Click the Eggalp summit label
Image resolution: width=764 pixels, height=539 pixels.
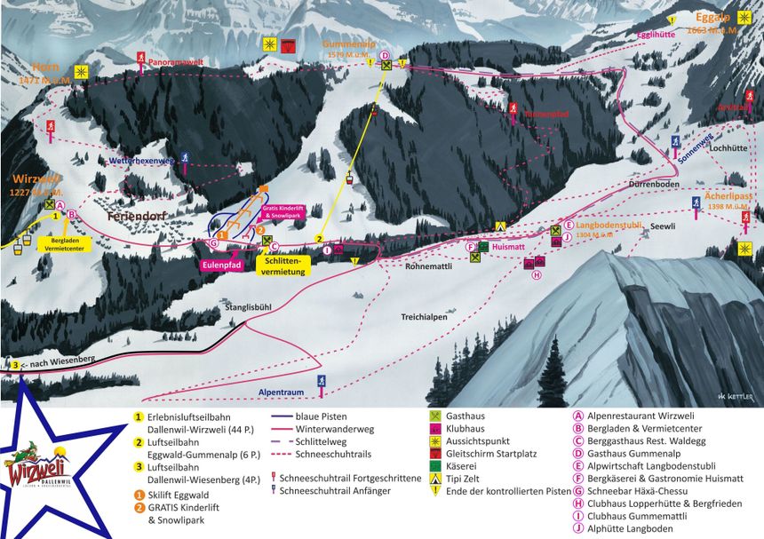(712, 18)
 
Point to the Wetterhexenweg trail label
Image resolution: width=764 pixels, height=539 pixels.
(139, 162)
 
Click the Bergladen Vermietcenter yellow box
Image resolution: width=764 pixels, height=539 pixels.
(66, 246)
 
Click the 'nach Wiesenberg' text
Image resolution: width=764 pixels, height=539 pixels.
(50, 364)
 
